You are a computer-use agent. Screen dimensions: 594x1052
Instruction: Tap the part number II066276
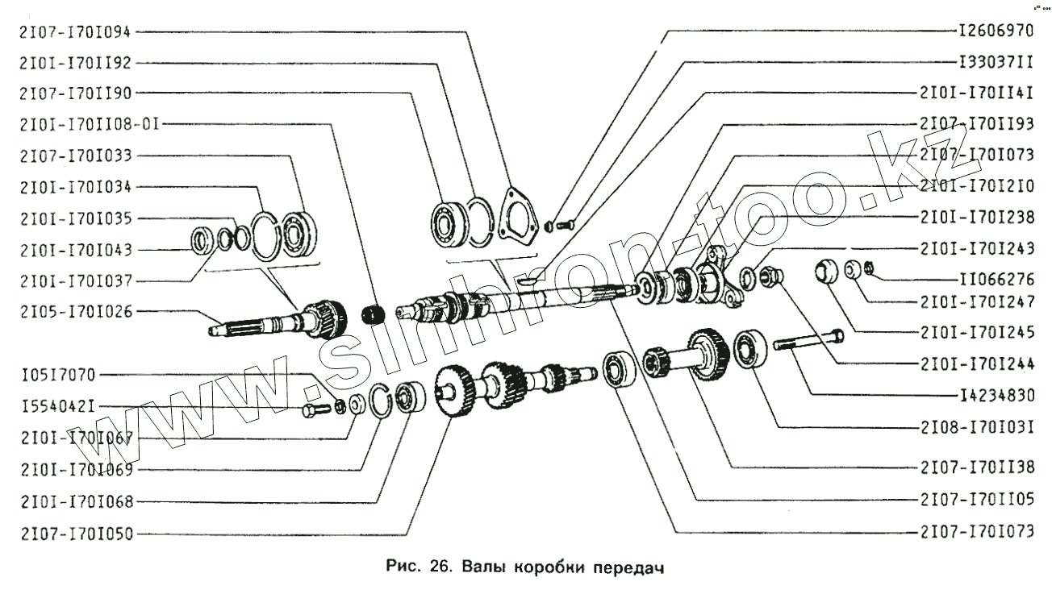pyautogui.click(x=996, y=281)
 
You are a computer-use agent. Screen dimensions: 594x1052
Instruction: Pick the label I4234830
pyautogui.click(x=996, y=396)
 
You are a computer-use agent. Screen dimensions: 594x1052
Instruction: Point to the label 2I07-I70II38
pyautogui.click(x=976, y=467)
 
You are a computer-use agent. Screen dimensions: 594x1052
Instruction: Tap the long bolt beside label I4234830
pyautogui.click(x=808, y=340)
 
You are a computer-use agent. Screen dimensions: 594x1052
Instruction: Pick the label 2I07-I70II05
pyautogui.click(x=976, y=500)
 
